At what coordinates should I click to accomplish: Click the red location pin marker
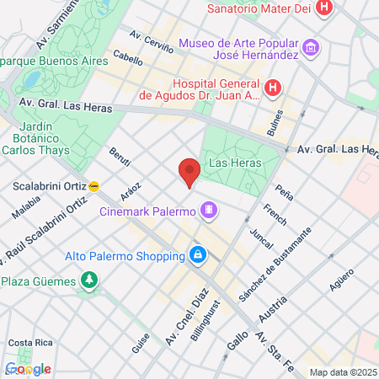point(189,172)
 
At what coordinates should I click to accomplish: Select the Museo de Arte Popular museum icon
point(311,48)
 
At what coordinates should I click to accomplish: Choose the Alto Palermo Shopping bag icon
point(197,254)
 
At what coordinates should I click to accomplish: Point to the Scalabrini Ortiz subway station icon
point(94,185)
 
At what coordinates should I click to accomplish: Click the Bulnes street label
point(275,122)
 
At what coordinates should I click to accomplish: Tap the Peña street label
point(284,190)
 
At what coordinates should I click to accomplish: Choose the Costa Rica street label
point(25,343)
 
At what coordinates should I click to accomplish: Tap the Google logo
point(27,368)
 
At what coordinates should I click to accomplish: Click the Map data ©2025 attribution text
point(342,371)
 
